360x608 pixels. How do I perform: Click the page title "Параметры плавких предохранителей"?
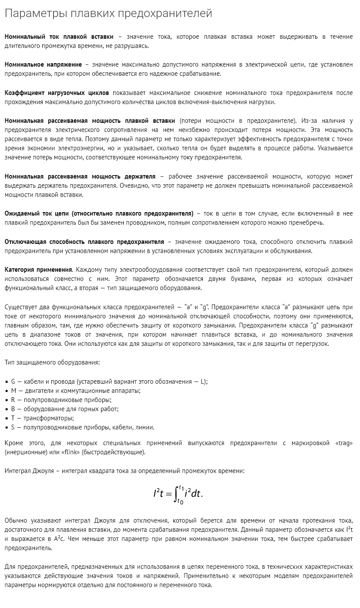(108, 14)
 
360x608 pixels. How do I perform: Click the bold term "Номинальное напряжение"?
(43, 65)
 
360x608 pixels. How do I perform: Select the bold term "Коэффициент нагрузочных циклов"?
(57, 93)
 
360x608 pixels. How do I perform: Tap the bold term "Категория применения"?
(38, 270)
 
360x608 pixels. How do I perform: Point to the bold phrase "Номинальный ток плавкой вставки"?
(59, 37)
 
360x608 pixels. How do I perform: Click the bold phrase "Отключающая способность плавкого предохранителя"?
(84, 242)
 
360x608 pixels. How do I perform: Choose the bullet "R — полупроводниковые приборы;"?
(61, 400)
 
